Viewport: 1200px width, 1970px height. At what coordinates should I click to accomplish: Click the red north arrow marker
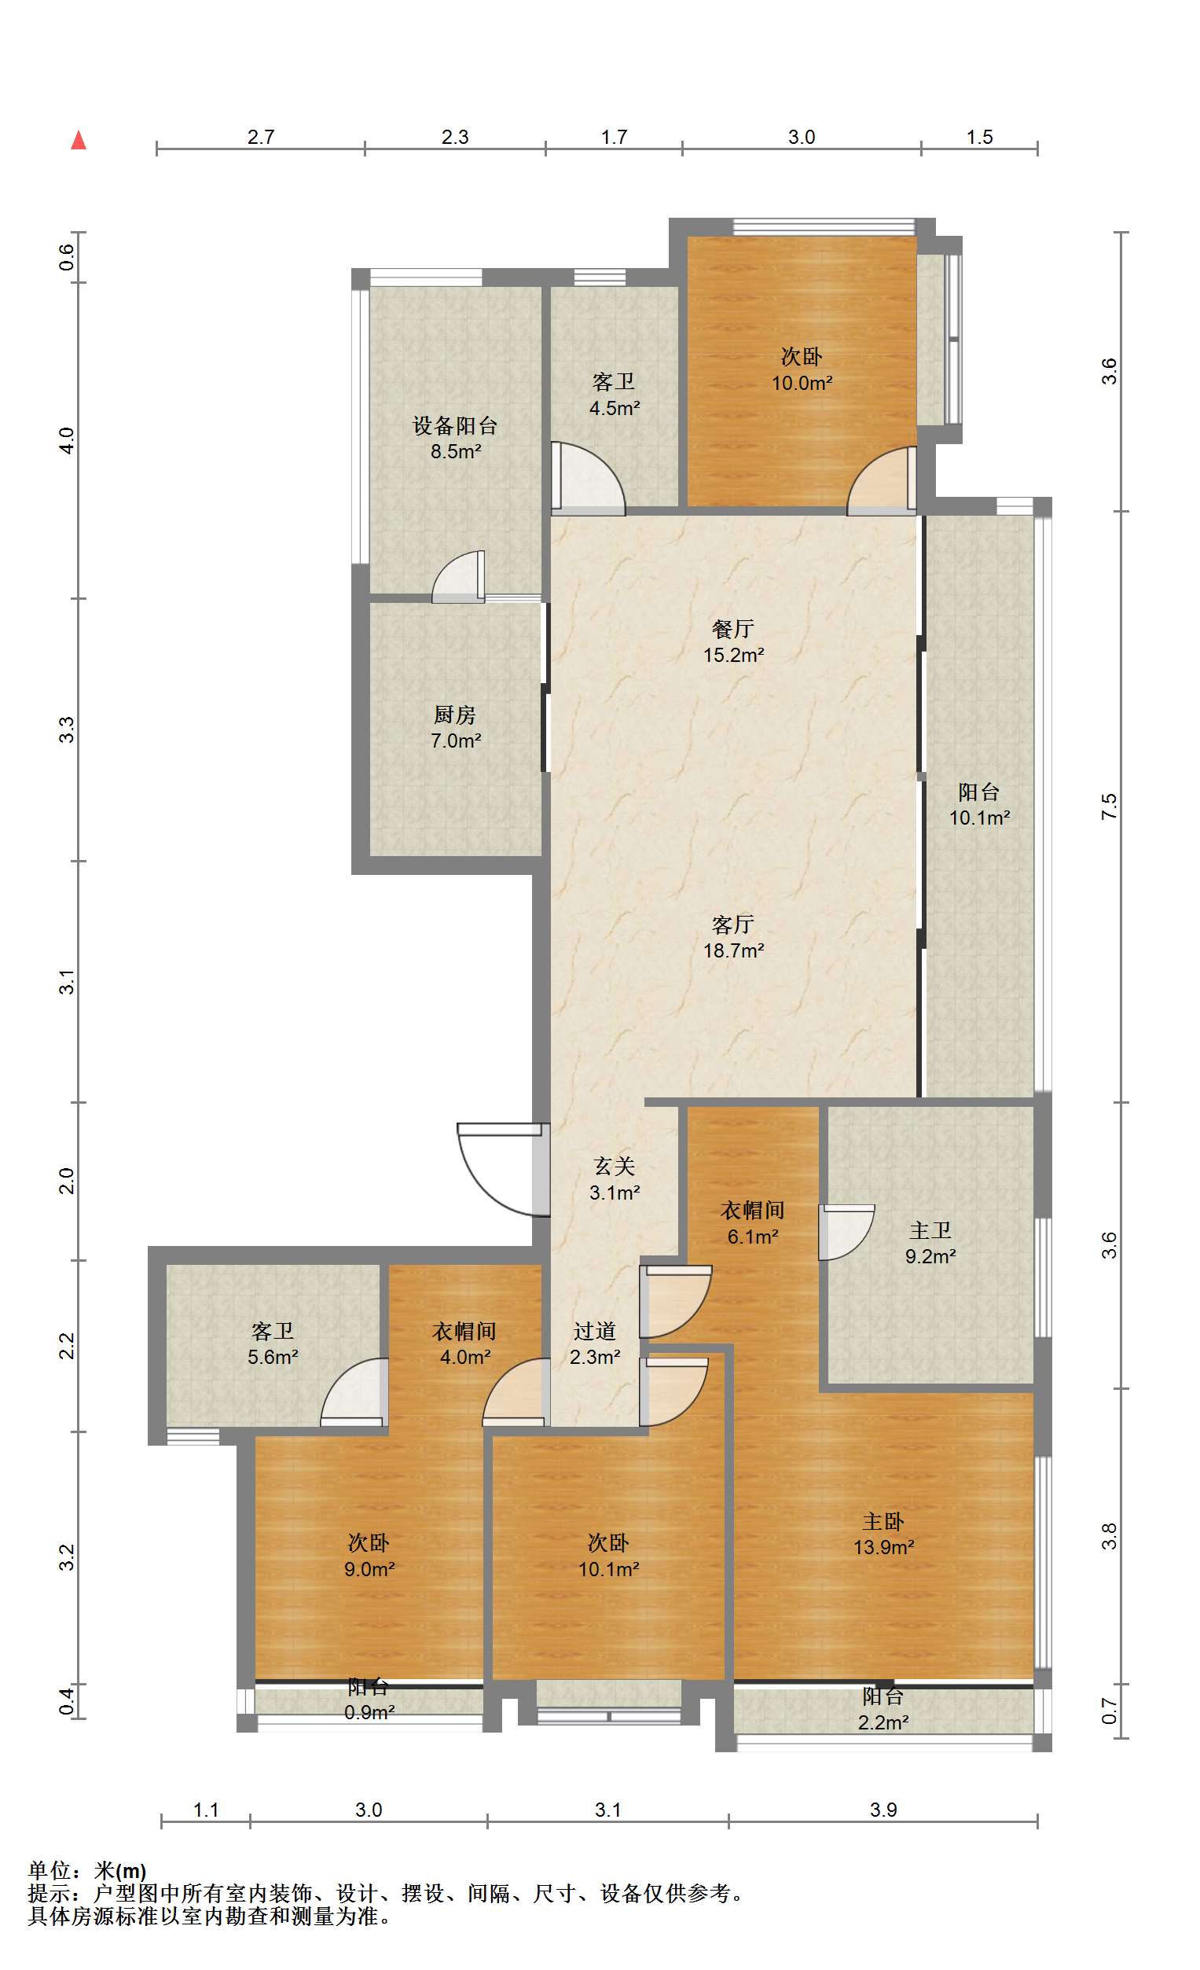tap(79, 141)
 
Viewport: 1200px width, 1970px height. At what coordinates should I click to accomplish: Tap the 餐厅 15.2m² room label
tap(733, 642)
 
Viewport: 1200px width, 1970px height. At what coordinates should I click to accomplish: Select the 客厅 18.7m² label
tap(733, 938)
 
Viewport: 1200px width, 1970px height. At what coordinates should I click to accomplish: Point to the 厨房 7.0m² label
tap(455, 728)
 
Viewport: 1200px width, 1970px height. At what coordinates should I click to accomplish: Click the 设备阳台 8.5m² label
tap(455, 438)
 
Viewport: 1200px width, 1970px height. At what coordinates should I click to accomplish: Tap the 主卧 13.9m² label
tap(883, 1534)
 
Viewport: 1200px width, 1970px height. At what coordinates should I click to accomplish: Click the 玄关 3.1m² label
tap(614, 1179)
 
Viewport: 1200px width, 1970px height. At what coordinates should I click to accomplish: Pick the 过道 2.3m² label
tap(595, 1344)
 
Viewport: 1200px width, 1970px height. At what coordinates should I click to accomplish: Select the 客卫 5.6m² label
tap(273, 1344)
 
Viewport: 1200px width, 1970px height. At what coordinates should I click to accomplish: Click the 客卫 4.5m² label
tap(614, 395)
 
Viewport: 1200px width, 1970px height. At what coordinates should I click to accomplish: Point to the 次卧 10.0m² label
tap(801, 369)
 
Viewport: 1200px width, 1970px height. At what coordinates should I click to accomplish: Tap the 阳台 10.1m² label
tap(979, 805)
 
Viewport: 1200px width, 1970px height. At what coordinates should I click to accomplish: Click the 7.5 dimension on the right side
tap(1109, 806)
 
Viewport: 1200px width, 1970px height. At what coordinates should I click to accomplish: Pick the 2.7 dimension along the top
tap(261, 137)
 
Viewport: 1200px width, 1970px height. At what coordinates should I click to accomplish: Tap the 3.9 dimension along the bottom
tap(883, 1810)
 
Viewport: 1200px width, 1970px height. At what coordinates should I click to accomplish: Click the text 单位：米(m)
tap(87, 1871)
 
